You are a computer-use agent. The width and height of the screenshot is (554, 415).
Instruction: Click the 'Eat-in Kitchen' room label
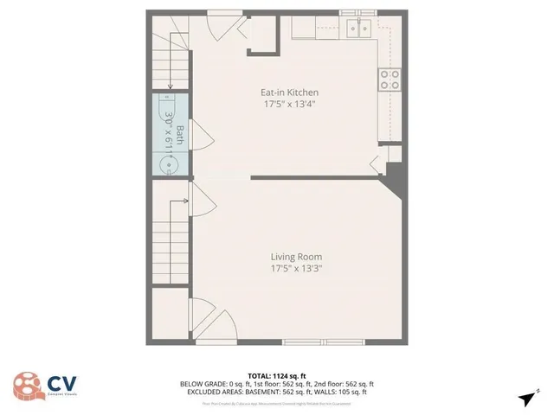coord(290,93)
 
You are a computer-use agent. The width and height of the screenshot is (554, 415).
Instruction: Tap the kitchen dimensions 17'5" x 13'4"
coord(290,104)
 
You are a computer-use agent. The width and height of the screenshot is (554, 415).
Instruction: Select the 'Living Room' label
coord(296,257)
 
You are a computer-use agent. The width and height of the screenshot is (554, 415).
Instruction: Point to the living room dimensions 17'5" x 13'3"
coord(296,268)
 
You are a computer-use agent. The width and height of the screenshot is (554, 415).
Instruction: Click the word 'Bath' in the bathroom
coord(180,134)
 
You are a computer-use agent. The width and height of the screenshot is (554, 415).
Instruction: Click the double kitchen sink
coord(358,29)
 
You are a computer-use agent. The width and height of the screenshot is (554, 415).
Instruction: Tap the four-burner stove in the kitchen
coord(390,80)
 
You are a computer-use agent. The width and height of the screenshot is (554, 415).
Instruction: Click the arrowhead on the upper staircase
coord(171,86)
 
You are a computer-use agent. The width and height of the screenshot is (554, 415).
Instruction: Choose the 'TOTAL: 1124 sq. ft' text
coord(277,376)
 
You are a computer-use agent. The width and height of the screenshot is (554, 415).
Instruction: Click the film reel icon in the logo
coord(26,385)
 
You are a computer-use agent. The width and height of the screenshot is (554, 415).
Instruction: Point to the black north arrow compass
coord(526,398)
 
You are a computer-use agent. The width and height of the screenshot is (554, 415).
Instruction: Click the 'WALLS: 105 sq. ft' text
coord(341,392)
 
